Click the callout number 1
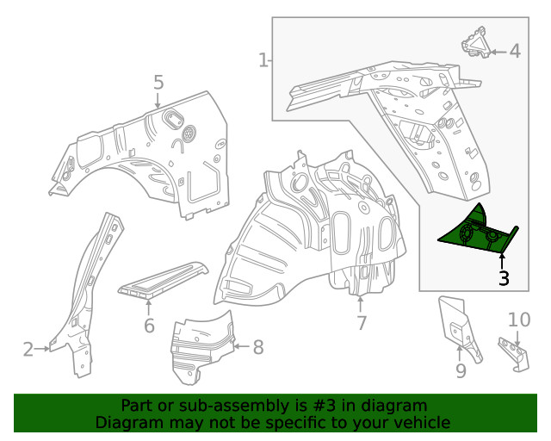pyautogui.click(x=263, y=60)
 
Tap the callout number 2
pyautogui.click(x=28, y=349)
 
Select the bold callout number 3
pyautogui.click(x=504, y=278)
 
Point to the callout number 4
pyautogui.click(x=515, y=51)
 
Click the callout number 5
pyautogui.click(x=158, y=83)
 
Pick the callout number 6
pyautogui.click(x=149, y=326)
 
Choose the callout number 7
pyautogui.click(x=362, y=324)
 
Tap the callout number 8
pyautogui.click(x=257, y=347)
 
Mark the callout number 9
pyautogui.click(x=461, y=370)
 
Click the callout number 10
pyautogui.click(x=519, y=320)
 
